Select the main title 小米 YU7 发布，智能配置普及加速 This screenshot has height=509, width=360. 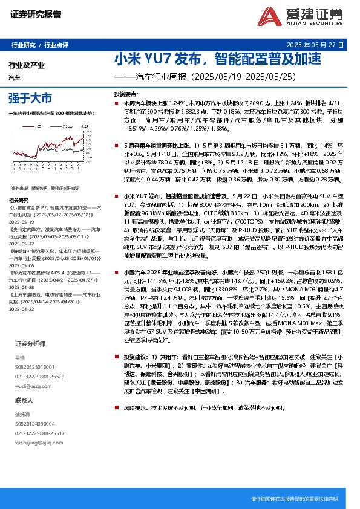pos(217,59)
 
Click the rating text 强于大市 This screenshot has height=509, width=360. pos(30,97)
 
